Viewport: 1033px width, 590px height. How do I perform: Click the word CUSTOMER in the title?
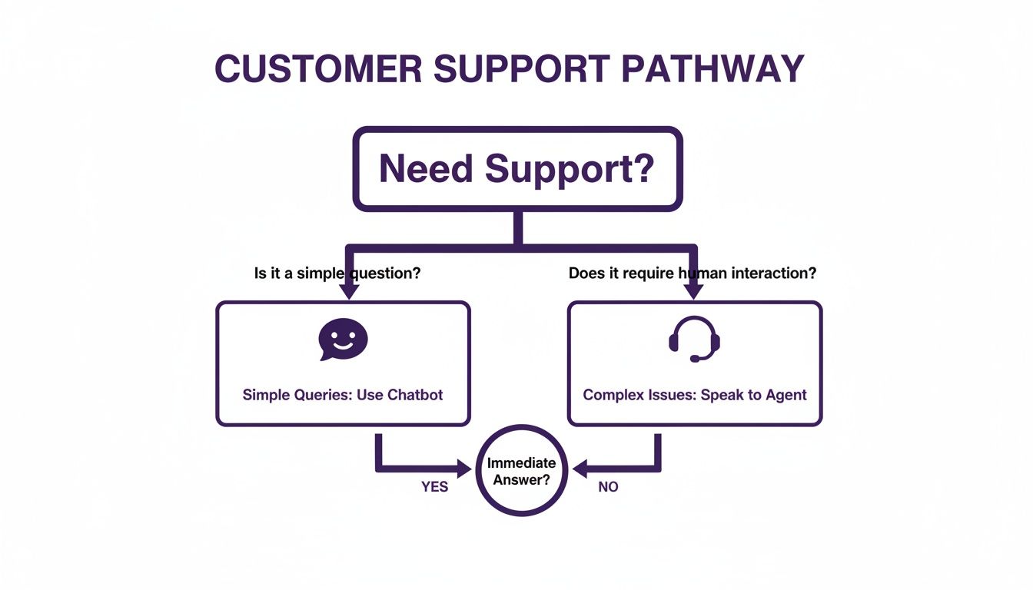pos(318,69)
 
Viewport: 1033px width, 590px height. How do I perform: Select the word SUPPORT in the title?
pos(522,69)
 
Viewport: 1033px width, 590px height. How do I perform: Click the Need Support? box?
pos(517,169)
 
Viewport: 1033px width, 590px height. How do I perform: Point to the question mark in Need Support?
pos(639,169)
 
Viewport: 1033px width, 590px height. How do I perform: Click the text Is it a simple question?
pos(337,273)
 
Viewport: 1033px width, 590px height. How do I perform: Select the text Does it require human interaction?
pos(692,273)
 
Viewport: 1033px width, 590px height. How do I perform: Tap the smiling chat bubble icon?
pos(343,339)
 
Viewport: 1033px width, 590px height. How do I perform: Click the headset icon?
pos(694,339)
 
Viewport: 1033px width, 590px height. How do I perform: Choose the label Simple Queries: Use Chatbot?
pos(343,395)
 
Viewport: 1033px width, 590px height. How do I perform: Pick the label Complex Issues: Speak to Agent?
pos(695,395)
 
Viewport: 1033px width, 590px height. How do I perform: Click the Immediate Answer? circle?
pos(521,470)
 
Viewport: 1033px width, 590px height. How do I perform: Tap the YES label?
pos(434,487)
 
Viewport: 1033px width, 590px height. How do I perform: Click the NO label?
pos(608,487)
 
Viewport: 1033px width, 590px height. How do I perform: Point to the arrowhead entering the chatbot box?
pos(349,292)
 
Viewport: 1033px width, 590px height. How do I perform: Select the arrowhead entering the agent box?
pos(694,292)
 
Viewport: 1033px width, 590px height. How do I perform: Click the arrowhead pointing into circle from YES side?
pos(463,467)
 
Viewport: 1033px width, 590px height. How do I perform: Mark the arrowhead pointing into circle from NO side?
pos(580,467)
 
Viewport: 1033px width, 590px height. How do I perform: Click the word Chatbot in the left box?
pos(415,395)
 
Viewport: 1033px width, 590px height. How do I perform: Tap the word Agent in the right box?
pos(786,395)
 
